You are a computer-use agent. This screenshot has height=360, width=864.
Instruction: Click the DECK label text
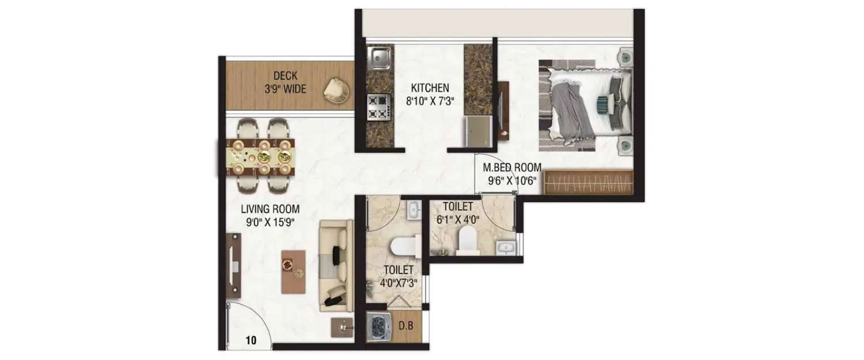click(285, 75)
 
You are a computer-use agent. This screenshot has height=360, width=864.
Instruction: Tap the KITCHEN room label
click(429, 88)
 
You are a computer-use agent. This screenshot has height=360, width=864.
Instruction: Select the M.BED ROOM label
click(512, 168)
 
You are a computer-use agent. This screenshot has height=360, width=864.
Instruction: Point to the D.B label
click(406, 326)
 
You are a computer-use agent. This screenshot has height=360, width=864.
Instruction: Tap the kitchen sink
click(379, 58)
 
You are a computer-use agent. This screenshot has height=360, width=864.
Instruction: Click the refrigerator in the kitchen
click(478, 132)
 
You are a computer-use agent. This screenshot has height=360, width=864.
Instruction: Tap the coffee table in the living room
click(293, 271)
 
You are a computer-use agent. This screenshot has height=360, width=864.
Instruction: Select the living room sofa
click(337, 265)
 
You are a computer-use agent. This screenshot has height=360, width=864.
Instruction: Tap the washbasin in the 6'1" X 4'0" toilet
click(507, 248)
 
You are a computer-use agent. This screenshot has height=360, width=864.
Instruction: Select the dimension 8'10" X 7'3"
click(429, 101)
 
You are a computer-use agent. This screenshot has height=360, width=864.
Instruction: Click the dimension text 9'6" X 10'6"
click(512, 180)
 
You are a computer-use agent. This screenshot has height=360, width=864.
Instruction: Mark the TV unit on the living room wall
click(233, 265)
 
